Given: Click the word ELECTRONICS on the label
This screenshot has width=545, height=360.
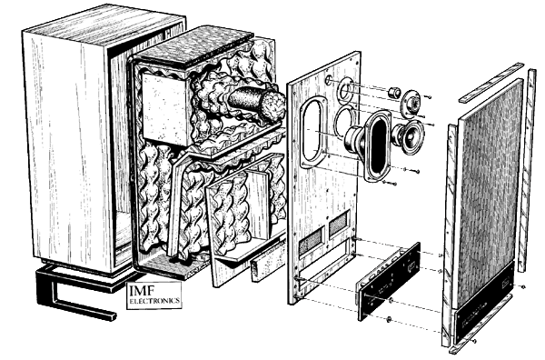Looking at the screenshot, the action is click(154, 301).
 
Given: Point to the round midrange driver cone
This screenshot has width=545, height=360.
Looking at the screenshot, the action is click(409, 136).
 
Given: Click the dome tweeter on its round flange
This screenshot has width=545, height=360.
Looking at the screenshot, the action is click(411, 102).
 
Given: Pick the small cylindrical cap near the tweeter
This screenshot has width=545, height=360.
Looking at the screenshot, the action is click(394, 93).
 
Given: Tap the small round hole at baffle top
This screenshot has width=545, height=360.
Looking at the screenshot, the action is click(329, 80).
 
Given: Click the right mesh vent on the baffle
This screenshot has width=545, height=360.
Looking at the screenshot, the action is click(338, 223).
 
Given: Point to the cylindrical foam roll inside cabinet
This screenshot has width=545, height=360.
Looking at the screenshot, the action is click(256, 102).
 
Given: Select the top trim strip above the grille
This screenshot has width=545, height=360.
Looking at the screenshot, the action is click(490, 83).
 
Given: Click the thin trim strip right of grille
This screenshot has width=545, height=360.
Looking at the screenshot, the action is click(527, 170).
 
